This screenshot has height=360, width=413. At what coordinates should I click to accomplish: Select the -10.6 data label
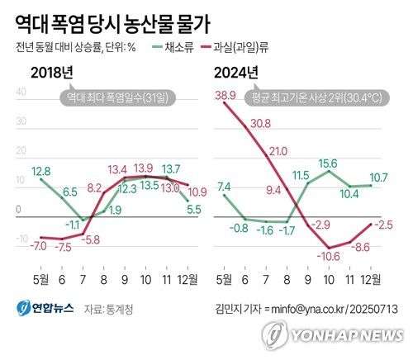coord(333,256)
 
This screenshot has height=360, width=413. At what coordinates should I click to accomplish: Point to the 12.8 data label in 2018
coord(40,171)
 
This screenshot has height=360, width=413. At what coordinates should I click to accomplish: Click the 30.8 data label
coord(260,123)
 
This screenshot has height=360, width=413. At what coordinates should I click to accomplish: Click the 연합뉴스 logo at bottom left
coord(46,309)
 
